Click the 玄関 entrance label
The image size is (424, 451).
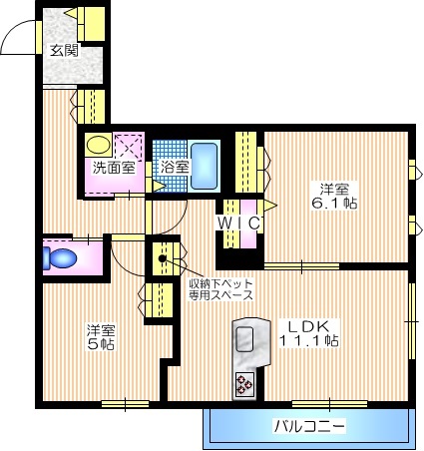[x=63, y=50]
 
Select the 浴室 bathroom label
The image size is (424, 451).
[x=176, y=167]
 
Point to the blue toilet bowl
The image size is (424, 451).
[x=62, y=258]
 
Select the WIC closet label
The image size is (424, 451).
[x=238, y=223]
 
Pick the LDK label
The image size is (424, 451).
[x=307, y=325]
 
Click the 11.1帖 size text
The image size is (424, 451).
[x=307, y=340]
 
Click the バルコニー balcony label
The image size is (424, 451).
[x=308, y=427]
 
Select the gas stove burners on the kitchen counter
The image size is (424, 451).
[x=244, y=382]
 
